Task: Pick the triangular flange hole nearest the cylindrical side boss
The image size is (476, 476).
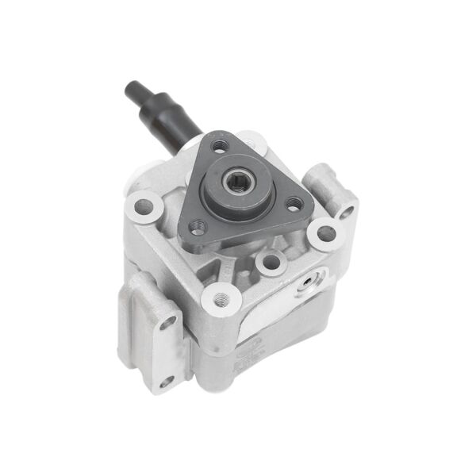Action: (x=294, y=204)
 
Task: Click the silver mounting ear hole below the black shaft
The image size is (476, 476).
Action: (x=144, y=207)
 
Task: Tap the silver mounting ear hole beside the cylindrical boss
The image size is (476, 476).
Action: (x=325, y=234)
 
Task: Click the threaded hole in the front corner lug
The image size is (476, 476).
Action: (x=221, y=298)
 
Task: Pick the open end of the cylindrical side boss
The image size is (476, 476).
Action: (x=346, y=212)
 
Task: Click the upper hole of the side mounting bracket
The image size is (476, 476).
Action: (x=167, y=323)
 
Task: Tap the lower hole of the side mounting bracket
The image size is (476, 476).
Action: (x=165, y=380)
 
